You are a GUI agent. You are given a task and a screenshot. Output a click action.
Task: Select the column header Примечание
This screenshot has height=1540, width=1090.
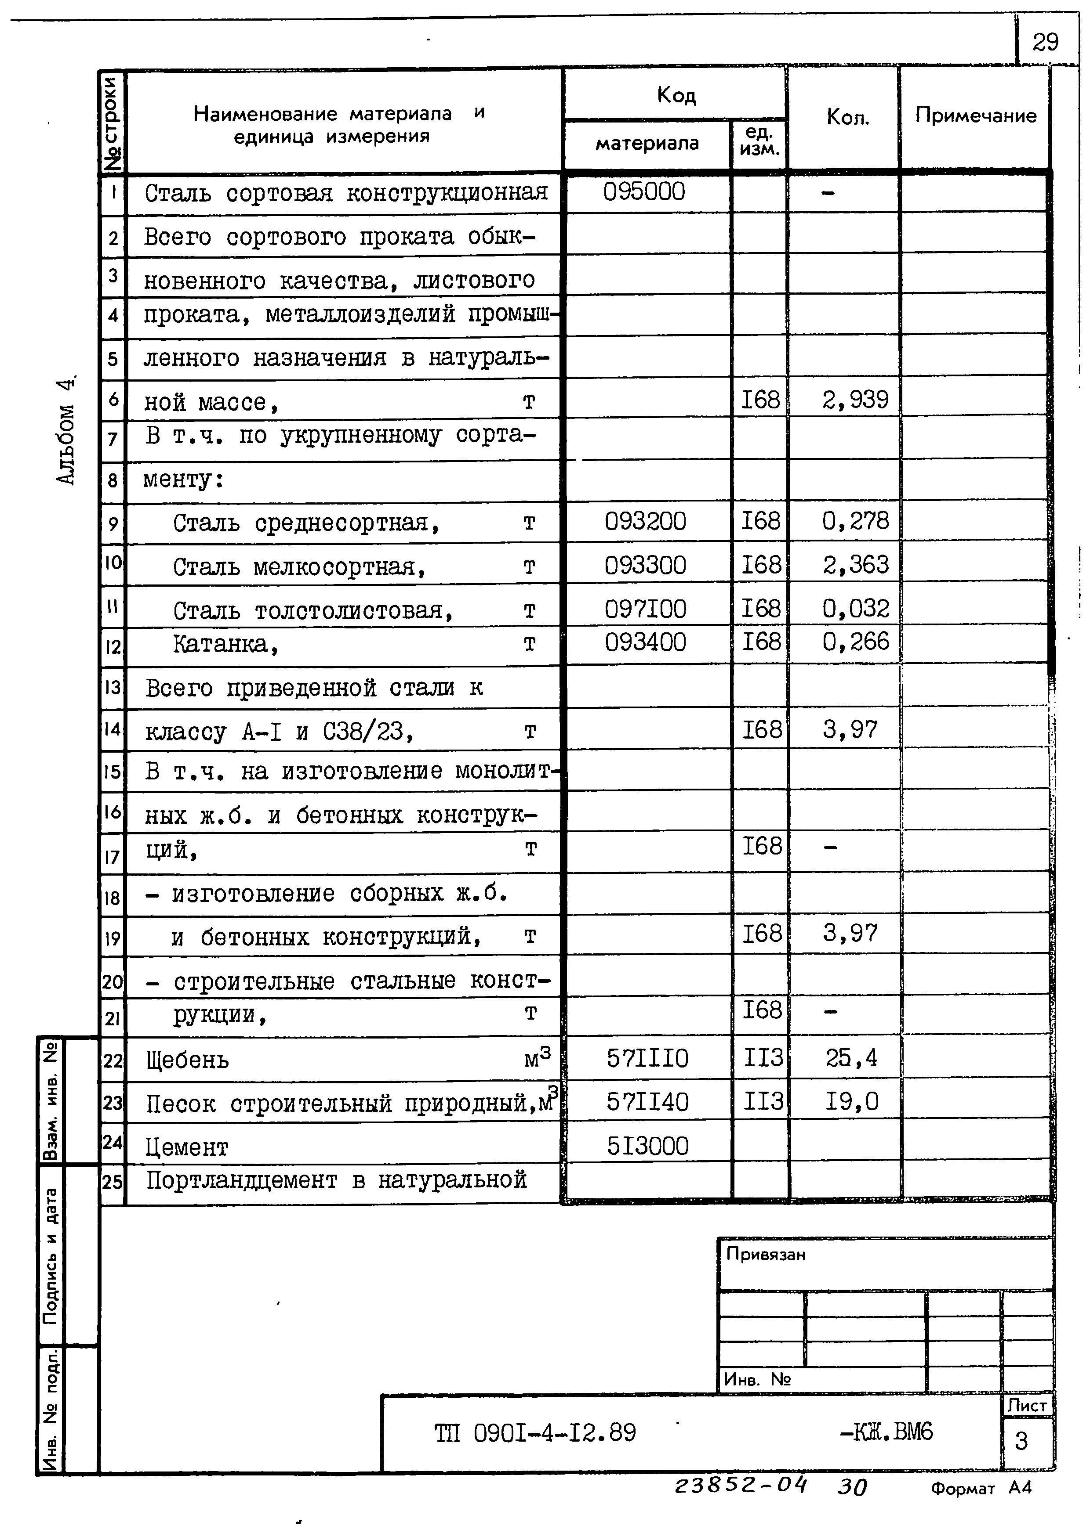point(975,115)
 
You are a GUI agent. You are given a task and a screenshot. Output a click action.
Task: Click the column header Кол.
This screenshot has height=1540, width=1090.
point(847,117)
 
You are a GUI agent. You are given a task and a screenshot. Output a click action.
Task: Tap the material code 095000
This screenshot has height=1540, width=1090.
point(643,192)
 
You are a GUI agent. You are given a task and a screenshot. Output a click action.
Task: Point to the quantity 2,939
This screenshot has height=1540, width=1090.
point(854,400)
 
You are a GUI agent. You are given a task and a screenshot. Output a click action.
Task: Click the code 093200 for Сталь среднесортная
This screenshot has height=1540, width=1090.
point(645,521)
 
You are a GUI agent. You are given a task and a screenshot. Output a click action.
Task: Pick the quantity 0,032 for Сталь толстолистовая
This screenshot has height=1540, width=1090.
point(855,609)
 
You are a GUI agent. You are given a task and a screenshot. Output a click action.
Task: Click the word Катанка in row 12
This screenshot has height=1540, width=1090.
point(225,644)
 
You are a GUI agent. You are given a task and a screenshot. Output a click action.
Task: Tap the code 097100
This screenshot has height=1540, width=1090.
point(645,609)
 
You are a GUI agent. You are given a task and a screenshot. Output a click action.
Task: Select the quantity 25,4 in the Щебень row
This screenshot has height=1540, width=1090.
point(851,1058)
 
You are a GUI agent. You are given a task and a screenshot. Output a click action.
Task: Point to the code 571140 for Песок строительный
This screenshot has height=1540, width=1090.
point(647,1101)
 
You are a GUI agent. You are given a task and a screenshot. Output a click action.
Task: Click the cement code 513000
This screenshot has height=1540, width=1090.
point(647,1146)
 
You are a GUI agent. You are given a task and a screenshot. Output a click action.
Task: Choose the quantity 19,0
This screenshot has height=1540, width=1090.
point(851,1101)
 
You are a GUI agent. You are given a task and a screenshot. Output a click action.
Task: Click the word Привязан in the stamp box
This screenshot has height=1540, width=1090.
point(765,1254)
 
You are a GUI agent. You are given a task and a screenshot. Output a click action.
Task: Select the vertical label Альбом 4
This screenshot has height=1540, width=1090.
point(66,429)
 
